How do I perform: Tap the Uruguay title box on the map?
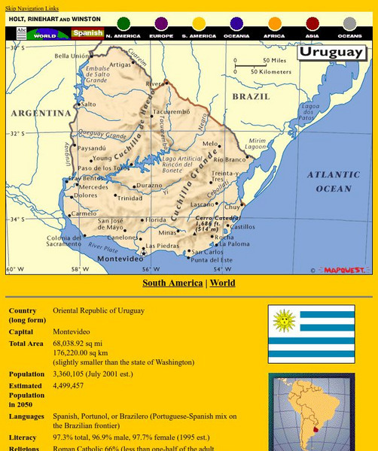coord(331,53)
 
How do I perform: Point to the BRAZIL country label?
coord(251,97)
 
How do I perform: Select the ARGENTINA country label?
coord(41,113)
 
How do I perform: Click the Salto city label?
coord(88,104)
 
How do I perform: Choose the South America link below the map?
coord(172,283)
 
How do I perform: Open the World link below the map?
coord(222,283)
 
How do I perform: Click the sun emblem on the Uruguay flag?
coord(284,321)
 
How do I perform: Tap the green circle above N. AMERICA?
coord(123,24)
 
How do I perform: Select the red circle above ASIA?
coord(312,24)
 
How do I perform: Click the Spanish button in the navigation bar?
coord(87,34)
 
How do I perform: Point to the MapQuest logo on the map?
coord(344,269)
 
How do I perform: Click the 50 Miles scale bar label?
coord(274,60)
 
